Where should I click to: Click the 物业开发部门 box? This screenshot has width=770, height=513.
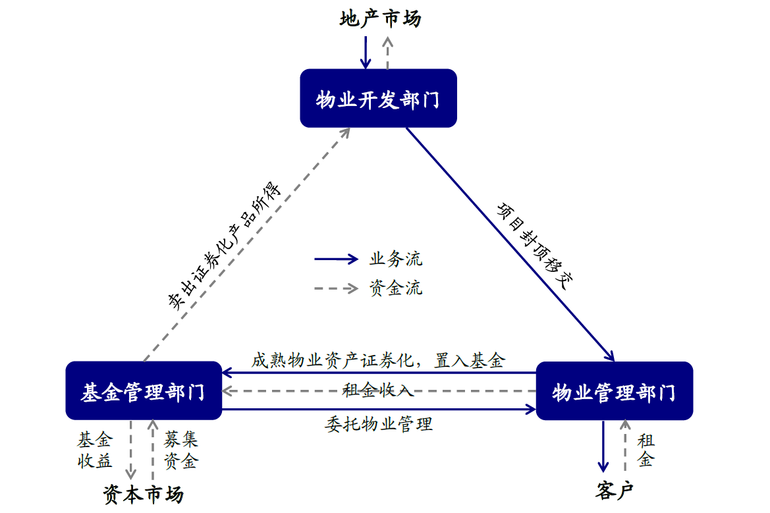click(378, 98)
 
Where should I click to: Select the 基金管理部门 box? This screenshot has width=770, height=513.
click(144, 391)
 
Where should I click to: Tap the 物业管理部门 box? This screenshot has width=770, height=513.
click(614, 391)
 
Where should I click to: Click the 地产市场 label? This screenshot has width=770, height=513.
click(380, 18)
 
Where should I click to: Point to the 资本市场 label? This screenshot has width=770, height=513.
click(143, 494)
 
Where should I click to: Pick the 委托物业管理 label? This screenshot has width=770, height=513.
click(379, 423)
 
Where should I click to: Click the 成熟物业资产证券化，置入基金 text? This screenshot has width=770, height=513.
click(378, 361)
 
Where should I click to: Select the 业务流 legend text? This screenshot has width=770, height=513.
click(396, 259)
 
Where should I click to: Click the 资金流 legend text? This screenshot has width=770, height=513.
click(396, 288)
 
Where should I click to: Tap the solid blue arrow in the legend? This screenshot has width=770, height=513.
click(336, 259)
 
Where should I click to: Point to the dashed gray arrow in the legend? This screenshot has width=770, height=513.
click(336, 288)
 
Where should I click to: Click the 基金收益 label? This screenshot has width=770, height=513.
click(95, 450)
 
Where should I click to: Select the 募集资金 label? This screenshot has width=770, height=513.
click(180, 450)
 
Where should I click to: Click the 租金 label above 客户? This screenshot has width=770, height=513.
click(646, 450)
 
